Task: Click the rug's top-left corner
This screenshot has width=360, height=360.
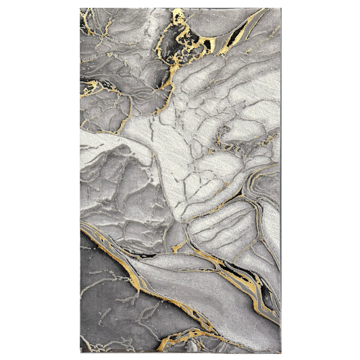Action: [x=80, y=9]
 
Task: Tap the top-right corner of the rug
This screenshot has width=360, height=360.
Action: [x=280, y=9]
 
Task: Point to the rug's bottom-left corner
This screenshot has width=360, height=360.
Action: [x=80, y=351]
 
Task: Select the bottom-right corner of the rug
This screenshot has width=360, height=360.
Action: [x=280, y=351]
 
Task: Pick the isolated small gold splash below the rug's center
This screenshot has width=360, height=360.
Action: [x=177, y=249]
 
